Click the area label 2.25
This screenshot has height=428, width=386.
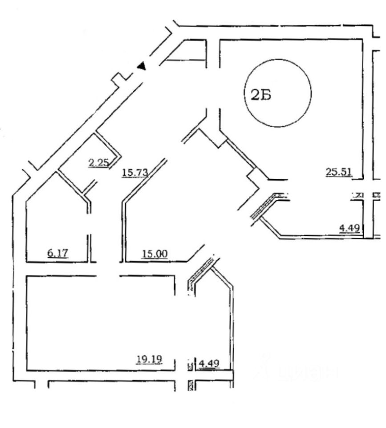point(99,163)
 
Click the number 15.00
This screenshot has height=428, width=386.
point(154,254)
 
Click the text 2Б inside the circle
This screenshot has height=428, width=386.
point(261,95)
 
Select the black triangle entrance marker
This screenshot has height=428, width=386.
point(142,66)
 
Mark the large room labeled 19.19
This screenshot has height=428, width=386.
point(102,321)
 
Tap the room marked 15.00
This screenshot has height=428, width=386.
point(156,223)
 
